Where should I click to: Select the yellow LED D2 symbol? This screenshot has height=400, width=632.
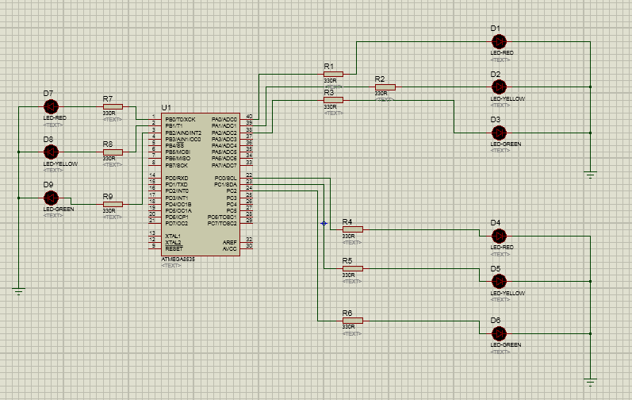pos(500,87)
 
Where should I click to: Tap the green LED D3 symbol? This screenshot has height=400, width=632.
pos(500,133)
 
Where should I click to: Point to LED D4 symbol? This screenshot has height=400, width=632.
pos(500,235)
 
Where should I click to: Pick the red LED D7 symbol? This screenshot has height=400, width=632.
pos(52,106)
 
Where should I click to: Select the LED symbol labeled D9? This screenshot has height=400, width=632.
pos(52,197)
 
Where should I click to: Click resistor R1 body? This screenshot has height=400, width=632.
pos(333,74)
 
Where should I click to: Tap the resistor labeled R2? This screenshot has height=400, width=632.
pos(385,87)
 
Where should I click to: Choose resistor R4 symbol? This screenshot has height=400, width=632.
pos(352,229)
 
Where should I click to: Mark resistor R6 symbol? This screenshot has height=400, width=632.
pos(352,321)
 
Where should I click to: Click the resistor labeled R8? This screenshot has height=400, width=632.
pos(113,152)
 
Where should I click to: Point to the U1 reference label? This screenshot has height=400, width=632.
pos(166,107)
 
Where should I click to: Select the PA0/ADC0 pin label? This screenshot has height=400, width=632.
pos(224,119)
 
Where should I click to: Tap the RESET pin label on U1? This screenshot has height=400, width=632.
pos(174,248)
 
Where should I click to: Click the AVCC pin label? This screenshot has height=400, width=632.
pos(230,248)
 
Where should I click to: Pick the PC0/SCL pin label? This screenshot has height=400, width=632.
pos(226,178)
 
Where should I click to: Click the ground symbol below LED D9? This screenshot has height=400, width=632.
pos(19,291)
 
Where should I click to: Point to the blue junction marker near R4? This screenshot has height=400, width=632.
pos(324,223)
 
